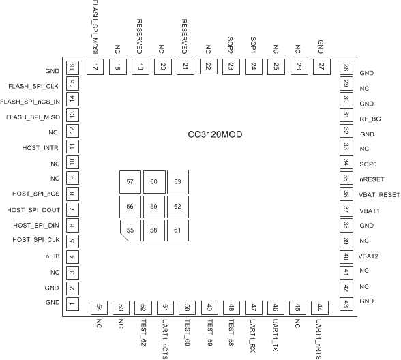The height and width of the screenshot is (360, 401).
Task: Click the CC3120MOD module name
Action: pos(216,134)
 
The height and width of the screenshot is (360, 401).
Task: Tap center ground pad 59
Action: pos(154,206)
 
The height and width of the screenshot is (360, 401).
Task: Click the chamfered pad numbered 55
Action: pos(130,230)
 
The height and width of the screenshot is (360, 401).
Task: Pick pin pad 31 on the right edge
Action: pos(346,117)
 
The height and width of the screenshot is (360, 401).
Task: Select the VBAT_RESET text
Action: pos(378,194)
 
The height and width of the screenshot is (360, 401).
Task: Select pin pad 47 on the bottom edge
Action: pos(254,307)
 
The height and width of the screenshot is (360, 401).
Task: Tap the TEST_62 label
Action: pos(143,332)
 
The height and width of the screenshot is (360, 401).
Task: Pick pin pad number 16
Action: pos(72,67)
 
